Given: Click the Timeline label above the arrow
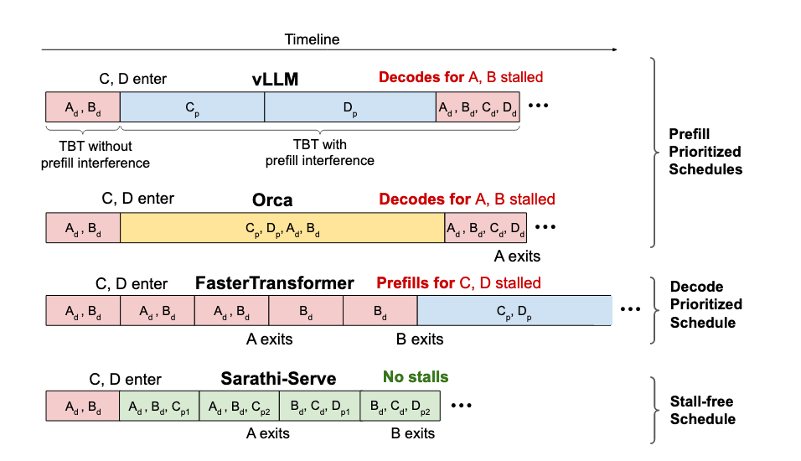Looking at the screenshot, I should pos(312,39).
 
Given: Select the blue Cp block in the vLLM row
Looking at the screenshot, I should pos(192,108).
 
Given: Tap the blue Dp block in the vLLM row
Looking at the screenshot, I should pos(349,108).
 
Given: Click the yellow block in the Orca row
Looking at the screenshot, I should pos(282,228).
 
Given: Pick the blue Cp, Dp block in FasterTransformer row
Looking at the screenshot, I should pos(514,310).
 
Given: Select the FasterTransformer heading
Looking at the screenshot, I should pos(274,283).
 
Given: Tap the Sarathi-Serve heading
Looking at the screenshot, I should pos(278,379).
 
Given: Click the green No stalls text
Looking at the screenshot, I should pos(416,377).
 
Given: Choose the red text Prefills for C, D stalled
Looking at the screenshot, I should pos(458,283).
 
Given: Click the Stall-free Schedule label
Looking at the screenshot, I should pos(702,411).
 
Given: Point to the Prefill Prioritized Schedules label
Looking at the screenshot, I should pos(705,152).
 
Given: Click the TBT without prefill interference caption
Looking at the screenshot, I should pos(83,154).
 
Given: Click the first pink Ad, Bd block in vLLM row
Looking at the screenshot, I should pos(82,108).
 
